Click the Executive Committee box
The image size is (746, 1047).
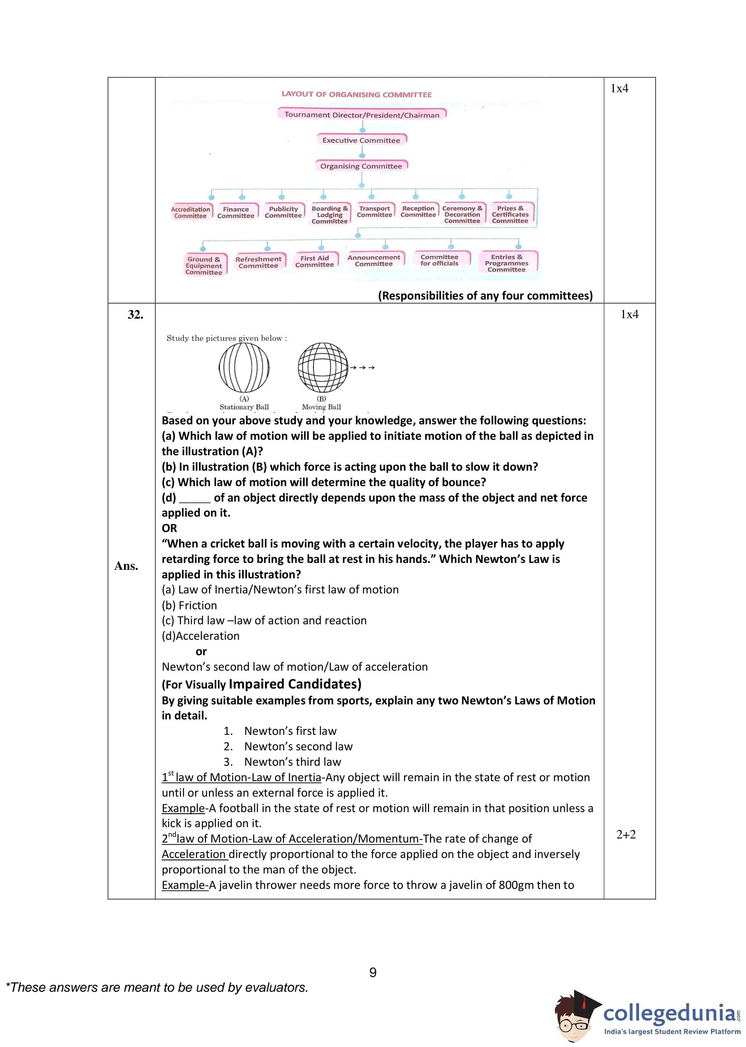(361, 140)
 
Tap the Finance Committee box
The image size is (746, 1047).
(236, 212)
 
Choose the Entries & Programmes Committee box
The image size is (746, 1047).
(507, 263)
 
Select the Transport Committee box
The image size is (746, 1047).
(374, 212)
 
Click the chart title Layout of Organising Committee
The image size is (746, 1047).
(356, 94)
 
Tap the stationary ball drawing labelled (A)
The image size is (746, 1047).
(244, 367)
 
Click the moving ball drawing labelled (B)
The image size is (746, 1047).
(323, 367)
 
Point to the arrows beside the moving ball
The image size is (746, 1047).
(363, 367)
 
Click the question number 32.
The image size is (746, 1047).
(136, 315)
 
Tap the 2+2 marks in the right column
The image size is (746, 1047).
(626, 835)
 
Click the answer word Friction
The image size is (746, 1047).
(197, 606)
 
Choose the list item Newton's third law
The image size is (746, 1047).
(293, 762)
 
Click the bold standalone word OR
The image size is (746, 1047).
(169, 528)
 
